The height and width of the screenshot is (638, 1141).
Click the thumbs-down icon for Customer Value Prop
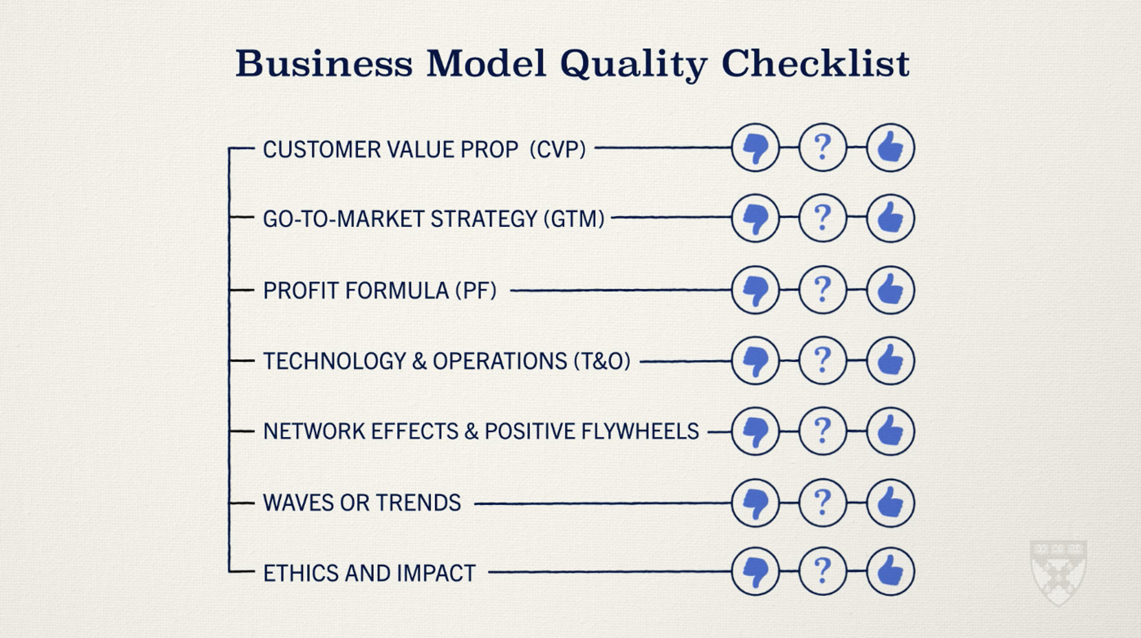[x=755, y=148]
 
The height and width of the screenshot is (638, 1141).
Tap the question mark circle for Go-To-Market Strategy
[x=823, y=218]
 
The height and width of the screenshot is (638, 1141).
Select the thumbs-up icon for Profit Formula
[x=891, y=290]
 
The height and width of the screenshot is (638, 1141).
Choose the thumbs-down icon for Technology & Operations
[x=755, y=360]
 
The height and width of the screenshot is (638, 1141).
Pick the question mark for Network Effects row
[x=823, y=431]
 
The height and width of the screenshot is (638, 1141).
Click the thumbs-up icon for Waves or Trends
[x=891, y=503]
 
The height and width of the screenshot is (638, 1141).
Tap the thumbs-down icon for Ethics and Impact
[x=755, y=571]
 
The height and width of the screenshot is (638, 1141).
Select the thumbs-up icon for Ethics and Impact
[x=891, y=571]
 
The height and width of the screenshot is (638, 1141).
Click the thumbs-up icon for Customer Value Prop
[x=891, y=148]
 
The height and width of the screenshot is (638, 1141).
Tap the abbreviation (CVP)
[x=557, y=149]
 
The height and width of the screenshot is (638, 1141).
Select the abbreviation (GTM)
[x=573, y=219]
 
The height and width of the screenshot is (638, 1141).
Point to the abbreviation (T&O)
[x=602, y=361]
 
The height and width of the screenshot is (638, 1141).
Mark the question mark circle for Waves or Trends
[x=823, y=503]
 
